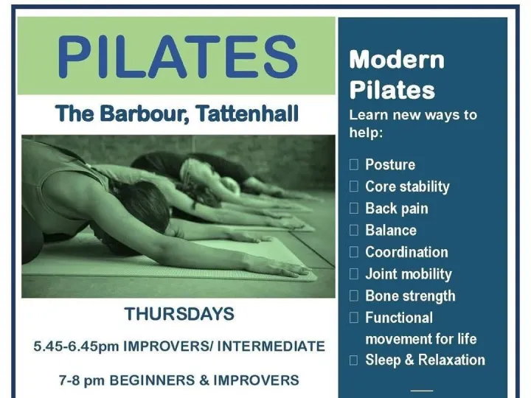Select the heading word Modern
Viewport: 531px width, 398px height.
397,60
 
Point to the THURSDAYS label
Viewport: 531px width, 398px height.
179,313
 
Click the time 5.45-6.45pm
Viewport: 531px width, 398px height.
77,346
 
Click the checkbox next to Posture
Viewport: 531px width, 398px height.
354,165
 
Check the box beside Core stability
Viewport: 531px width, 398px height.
354,186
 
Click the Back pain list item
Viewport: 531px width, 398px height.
396,209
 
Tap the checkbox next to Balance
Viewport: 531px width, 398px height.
354,231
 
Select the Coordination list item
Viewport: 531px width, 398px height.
406,252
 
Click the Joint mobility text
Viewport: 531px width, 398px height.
409,274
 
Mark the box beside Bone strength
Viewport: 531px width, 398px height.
354,296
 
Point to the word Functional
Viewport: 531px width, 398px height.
399,318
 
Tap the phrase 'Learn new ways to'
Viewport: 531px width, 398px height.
413,115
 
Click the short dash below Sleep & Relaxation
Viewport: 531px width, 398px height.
421,388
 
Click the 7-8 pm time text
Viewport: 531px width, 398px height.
75,380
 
